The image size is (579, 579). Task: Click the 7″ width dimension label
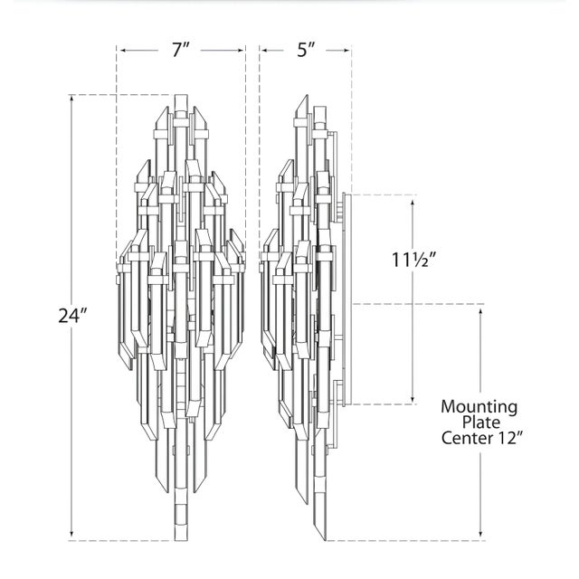(180, 50)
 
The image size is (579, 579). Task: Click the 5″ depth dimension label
(307, 50)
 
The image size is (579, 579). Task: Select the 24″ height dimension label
(72, 316)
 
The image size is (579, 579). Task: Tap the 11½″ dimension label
(414, 260)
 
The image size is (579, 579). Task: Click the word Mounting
(479, 407)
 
